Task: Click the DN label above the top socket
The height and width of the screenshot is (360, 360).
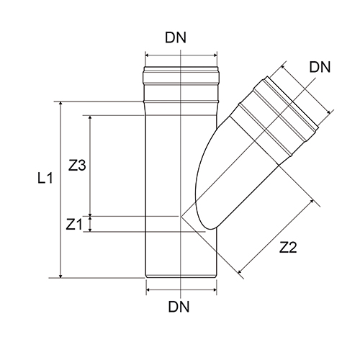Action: (176, 37)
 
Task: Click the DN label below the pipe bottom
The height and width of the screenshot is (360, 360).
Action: (179, 307)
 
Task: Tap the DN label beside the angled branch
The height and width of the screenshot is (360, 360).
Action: (320, 67)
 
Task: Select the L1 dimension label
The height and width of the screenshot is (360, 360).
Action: (45, 179)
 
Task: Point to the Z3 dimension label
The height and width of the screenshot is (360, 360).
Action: (77, 166)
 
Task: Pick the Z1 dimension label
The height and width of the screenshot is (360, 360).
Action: (74, 225)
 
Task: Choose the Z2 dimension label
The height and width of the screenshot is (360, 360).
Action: (288, 248)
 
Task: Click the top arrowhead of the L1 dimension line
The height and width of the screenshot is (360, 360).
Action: (60, 104)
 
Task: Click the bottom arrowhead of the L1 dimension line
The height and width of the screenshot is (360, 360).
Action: (60, 276)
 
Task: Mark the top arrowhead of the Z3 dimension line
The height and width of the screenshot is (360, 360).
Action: (90, 117)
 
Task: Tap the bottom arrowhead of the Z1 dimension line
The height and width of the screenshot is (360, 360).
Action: (90, 230)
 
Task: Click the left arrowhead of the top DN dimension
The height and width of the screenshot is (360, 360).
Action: (148, 55)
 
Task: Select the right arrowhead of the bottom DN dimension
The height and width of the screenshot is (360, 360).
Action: (215, 290)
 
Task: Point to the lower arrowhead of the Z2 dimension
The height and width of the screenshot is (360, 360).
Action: (240, 272)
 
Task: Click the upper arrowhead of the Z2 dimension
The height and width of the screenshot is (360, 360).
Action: (312, 201)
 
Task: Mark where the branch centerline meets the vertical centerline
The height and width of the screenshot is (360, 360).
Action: (181, 216)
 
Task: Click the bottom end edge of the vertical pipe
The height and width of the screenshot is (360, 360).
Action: (181, 278)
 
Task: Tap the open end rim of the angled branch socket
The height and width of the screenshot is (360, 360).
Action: (293, 104)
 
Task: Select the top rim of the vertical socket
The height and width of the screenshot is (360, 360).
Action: (181, 67)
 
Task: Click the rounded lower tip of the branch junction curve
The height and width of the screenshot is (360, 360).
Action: (211, 228)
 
